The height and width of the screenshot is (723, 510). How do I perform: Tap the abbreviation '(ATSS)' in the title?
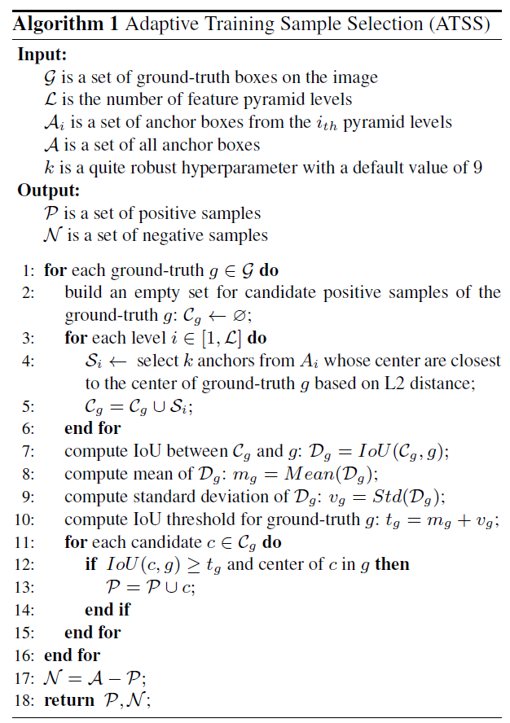coord(458,24)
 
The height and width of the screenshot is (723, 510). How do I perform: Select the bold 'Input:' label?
coord(42,55)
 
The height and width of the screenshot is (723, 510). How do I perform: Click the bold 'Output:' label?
coord(48,191)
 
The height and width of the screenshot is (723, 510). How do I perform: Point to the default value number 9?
coord(477,169)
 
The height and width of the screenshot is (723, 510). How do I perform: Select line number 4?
coord(28,360)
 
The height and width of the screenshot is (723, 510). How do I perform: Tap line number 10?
coord(24,519)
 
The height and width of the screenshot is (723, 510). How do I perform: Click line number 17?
coord(24,677)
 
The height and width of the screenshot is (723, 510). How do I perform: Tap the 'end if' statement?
coord(107,609)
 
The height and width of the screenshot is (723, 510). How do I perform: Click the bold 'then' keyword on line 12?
coord(392,563)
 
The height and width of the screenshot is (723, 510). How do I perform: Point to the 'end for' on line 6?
coord(92,427)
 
